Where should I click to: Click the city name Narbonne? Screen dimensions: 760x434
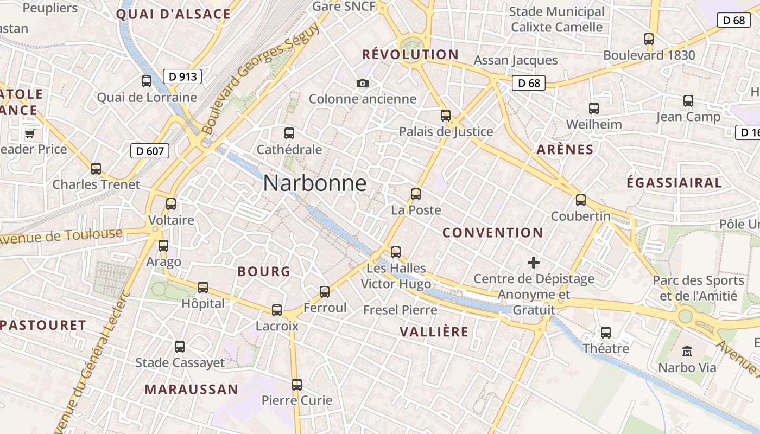click(x=314, y=183)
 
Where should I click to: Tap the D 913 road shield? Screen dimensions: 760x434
click(x=182, y=76)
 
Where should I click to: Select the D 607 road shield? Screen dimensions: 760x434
click(x=150, y=151)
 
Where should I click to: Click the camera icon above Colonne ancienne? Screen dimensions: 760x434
click(x=363, y=83)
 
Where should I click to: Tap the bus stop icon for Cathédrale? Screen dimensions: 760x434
click(x=289, y=133)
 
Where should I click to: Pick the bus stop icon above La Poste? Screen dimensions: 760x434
click(x=416, y=194)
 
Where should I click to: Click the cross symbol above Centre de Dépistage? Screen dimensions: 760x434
click(x=534, y=263)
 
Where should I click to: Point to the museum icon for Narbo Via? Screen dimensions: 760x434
click(x=687, y=351)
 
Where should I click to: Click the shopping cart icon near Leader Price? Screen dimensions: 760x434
click(x=29, y=133)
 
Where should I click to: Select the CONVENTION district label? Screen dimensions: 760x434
click(x=492, y=233)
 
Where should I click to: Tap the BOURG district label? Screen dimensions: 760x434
click(x=264, y=272)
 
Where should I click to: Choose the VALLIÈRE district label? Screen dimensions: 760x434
click(x=434, y=332)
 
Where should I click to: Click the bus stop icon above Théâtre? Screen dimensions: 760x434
click(x=606, y=332)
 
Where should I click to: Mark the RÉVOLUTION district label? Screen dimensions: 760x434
click(x=410, y=54)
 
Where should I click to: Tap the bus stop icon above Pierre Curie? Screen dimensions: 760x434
click(x=296, y=385)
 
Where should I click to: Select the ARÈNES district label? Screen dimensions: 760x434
click(x=565, y=150)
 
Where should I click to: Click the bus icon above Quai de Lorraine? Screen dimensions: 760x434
click(x=147, y=81)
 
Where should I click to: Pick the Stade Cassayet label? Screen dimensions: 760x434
click(x=180, y=363)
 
